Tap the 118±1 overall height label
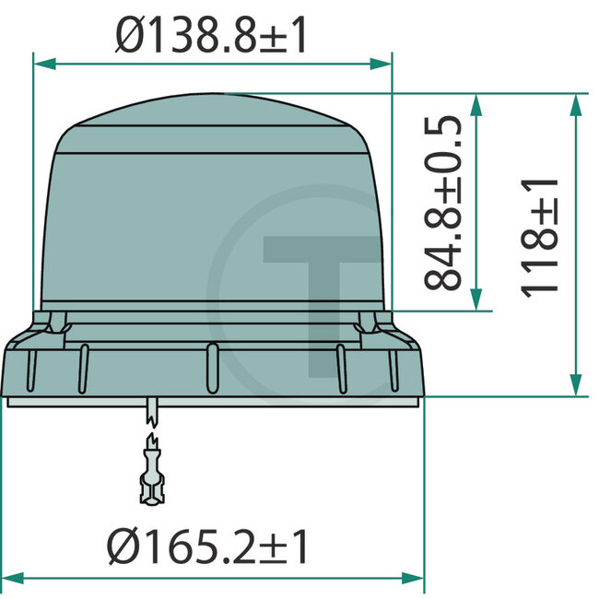coord(541,237)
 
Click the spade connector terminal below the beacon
coord(150,475)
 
